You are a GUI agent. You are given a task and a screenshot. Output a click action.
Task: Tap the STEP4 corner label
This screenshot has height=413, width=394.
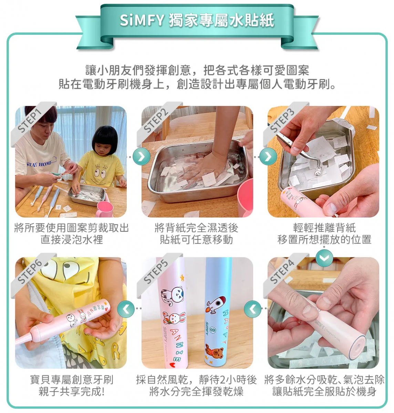(282, 272)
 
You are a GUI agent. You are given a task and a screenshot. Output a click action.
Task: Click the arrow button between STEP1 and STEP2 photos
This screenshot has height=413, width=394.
(142, 157)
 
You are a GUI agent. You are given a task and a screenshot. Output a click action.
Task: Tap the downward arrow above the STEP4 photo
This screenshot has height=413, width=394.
(324, 258)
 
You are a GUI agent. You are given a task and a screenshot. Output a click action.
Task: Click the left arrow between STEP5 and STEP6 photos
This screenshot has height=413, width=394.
(126, 309)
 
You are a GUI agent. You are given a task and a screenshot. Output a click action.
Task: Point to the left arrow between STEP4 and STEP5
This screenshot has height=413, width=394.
(252, 309)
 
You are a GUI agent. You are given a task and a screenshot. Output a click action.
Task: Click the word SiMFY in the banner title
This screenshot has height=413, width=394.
(142, 20)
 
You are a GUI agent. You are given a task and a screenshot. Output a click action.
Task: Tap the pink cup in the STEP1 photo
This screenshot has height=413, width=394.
(104, 209)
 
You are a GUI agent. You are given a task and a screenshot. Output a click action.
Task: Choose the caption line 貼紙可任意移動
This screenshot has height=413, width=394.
(196, 240)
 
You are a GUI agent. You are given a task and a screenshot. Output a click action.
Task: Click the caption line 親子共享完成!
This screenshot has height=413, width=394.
(72, 391)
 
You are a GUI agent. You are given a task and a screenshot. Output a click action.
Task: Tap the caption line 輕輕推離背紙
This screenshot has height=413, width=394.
(324, 228)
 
